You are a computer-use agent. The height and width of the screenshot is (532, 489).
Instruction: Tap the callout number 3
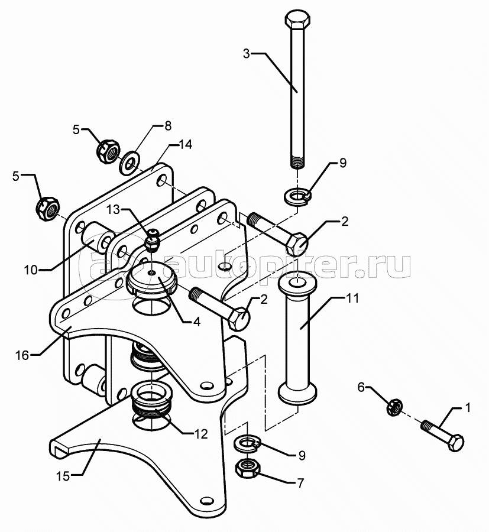[x=247, y=54]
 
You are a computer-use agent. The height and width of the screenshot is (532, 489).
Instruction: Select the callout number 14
[x=186, y=145]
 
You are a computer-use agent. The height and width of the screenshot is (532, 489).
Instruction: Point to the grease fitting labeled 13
[x=152, y=239]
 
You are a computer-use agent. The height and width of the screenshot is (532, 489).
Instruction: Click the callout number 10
[x=31, y=270]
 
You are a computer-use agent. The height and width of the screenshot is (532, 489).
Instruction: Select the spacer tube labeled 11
[x=297, y=336]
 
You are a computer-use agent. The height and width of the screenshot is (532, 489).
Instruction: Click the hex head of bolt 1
[x=455, y=442]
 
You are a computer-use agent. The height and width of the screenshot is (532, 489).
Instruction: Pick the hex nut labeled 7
[x=247, y=469]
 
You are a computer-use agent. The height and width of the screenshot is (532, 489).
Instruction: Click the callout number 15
[x=63, y=476]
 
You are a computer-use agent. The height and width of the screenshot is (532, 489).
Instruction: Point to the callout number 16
[x=22, y=356]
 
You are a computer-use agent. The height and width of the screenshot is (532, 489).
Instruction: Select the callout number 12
[x=200, y=434]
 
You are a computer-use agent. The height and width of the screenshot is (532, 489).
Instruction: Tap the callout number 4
[x=197, y=322]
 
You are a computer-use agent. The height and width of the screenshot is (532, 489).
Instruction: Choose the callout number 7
[x=300, y=482]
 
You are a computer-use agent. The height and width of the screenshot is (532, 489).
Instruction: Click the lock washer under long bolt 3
[x=297, y=197]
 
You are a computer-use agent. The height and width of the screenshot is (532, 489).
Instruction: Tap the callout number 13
[x=114, y=210]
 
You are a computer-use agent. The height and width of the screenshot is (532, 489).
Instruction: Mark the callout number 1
[x=467, y=407]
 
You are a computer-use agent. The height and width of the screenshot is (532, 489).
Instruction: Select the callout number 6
[x=361, y=387]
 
